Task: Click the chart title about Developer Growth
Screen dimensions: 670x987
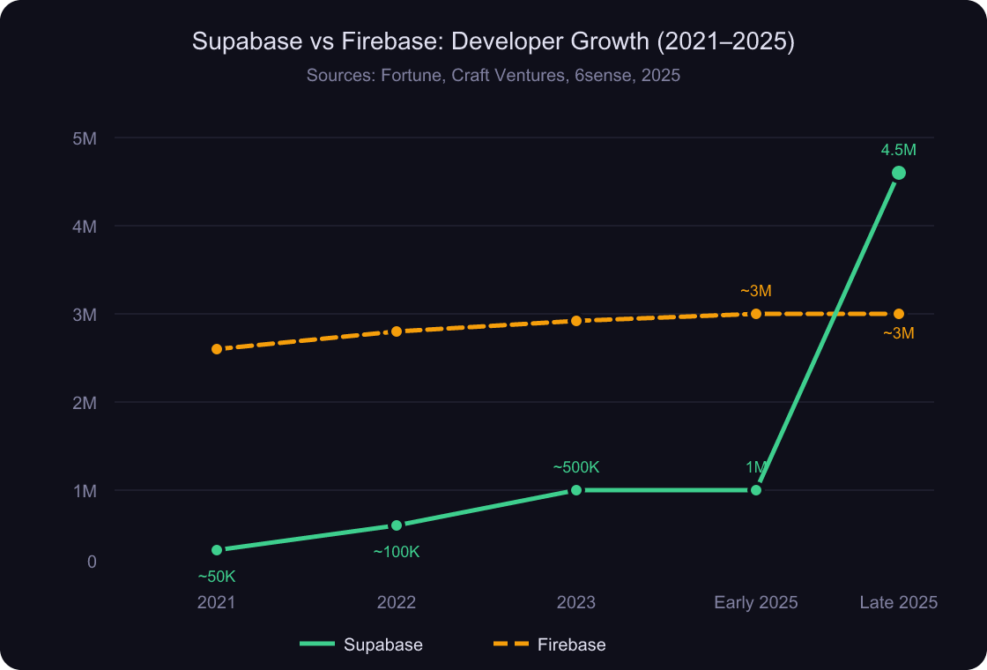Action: (x=493, y=42)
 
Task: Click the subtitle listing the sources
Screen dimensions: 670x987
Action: (x=493, y=76)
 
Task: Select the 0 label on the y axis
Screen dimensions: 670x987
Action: (x=92, y=562)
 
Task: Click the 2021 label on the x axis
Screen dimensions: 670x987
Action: (x=217, y=603)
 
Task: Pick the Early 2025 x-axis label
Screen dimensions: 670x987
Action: (x=755, y=603)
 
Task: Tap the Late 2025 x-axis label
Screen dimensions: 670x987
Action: (x=898, y=603)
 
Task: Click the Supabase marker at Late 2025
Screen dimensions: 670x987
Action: (x=899, y=173)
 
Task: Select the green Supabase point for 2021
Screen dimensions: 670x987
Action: (x=217, y=550)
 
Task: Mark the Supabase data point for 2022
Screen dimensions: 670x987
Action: (x=397, y=525)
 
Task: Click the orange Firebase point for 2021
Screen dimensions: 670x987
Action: (x=217, y=349)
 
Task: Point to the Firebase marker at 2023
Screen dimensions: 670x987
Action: (x=576, y=321)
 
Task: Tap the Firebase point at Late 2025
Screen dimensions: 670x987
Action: (x=899, y=314)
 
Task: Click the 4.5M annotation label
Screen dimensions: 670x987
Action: (x=899, y=150)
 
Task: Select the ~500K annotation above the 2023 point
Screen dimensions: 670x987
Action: (x=576, y=467)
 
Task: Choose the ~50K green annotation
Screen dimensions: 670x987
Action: (x=217, y=577)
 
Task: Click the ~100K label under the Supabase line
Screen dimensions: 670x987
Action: (x=397, y=552)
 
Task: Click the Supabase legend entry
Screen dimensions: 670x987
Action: (x=361, y=644)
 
